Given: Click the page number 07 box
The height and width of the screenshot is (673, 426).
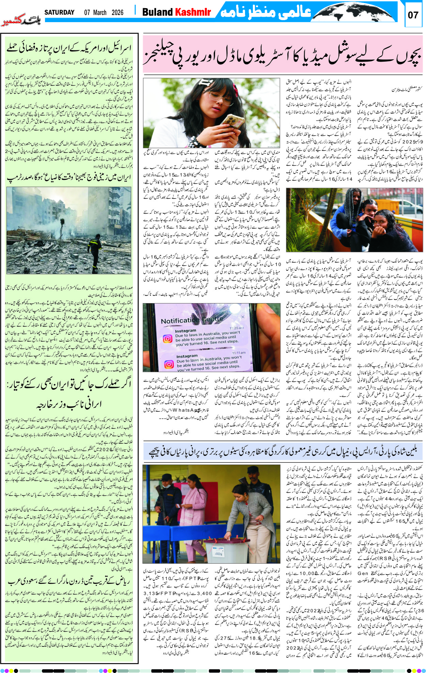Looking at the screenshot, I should [x=413, y=15].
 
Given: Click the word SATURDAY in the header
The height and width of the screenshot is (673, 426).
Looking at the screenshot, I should [x=59, y=13].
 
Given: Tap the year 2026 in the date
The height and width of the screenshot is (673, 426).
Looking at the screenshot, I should [x=117, y=13].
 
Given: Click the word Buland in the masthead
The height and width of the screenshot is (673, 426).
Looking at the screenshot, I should [x=157, y=12].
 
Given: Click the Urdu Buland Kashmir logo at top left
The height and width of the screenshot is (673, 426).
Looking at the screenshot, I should [x=21, y=20].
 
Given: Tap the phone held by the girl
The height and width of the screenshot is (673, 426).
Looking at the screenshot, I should [x=232, y=123].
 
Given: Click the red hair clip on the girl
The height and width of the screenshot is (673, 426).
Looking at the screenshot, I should [x=235, y=89].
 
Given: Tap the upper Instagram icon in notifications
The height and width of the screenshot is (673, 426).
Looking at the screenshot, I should [x=167, y=338].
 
